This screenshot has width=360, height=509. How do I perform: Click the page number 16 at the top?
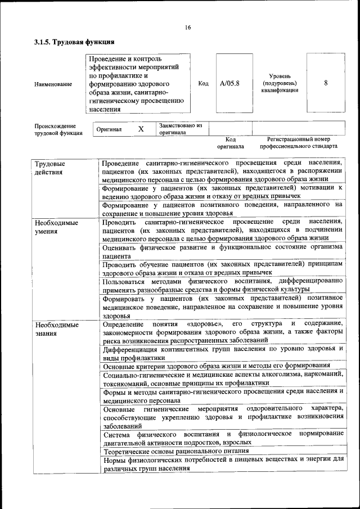[x=187, y=28]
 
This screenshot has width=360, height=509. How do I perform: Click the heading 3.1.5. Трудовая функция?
[x=74, y=42]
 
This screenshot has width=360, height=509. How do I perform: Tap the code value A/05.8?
[x=229, y=83]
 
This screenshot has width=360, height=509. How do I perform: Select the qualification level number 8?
[x=326, y=83]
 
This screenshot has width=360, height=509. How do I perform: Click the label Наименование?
[x=53, y=84]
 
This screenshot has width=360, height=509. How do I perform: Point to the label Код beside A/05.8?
[x=203, y=83]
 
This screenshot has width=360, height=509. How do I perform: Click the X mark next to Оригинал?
[x=141, y=129]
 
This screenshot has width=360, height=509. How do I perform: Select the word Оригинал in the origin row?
[x=109, y=129]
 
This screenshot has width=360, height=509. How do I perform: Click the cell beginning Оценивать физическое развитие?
[x=222, y=251]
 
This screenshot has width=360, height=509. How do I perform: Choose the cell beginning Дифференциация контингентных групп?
[x=222, y=353]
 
